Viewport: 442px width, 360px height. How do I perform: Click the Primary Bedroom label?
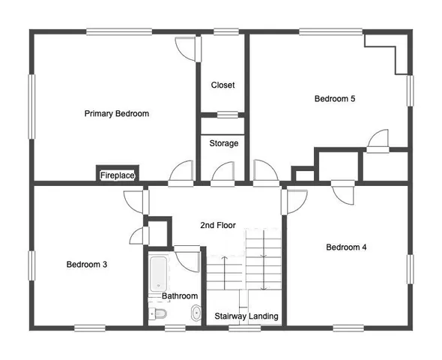pos(116,114)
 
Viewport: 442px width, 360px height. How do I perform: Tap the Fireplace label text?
pos(118,175)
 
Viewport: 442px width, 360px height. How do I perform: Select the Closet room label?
pos(222,85)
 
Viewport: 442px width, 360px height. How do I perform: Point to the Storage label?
pos(223,143)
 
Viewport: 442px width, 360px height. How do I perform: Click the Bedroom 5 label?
pos(334,98)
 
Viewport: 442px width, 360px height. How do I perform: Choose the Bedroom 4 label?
pos(345,247)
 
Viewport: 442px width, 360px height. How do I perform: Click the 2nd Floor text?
pos(218,225)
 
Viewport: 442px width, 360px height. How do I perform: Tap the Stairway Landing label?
pos(246,316)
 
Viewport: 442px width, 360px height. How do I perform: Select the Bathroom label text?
pos(180,296)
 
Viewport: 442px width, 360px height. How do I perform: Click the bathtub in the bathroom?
pos(160,273)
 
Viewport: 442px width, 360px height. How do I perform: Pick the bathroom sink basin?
pos(196,314)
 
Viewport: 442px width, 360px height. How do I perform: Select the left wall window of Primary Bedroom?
pos(32,106)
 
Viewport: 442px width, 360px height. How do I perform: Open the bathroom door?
pos(187,257)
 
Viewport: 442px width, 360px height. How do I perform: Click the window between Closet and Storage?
pos(222,115)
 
